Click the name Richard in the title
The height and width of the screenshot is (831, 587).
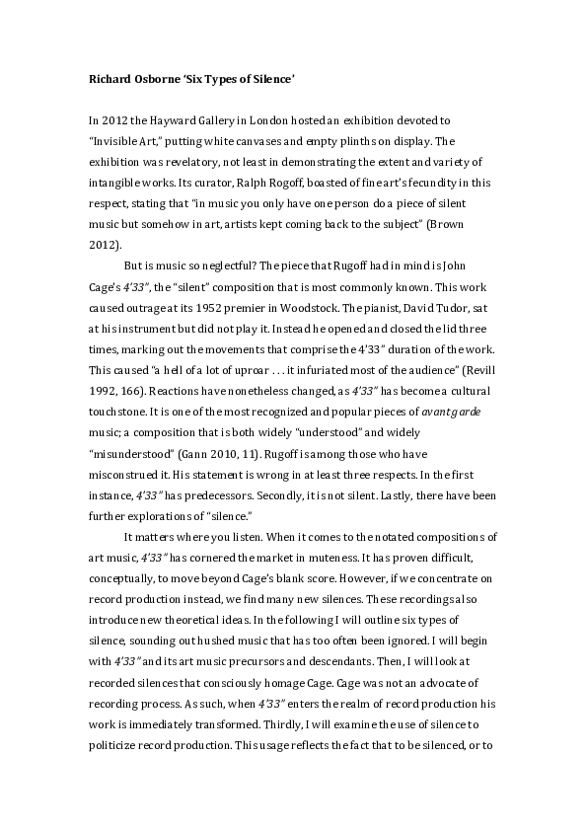[x=101, y=78]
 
